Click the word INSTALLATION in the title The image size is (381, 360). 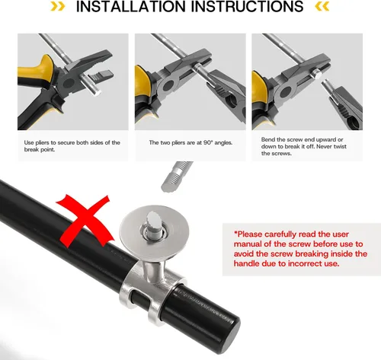[131, 6]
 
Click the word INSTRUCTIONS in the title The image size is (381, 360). [247, 6]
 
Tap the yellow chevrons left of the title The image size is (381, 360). [57, 7]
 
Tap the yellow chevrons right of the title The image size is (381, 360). [322, 7]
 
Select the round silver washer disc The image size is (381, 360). [155, 228]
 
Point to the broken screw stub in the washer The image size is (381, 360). [153, 224]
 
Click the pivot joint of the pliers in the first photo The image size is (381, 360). [69, 83]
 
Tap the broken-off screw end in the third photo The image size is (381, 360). [317, 75]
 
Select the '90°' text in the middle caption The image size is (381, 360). [208, 142]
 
